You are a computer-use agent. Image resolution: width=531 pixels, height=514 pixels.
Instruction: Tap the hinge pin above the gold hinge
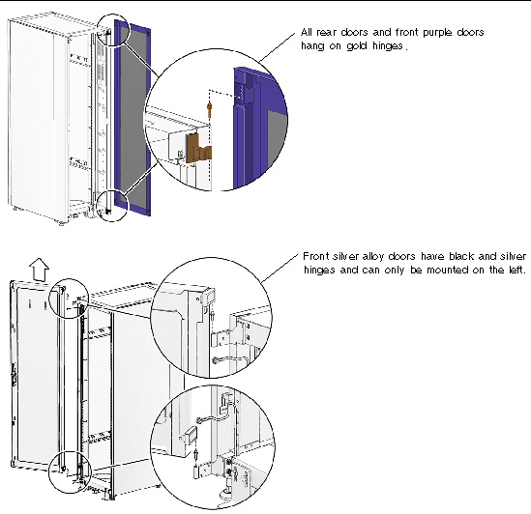(209, 103)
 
